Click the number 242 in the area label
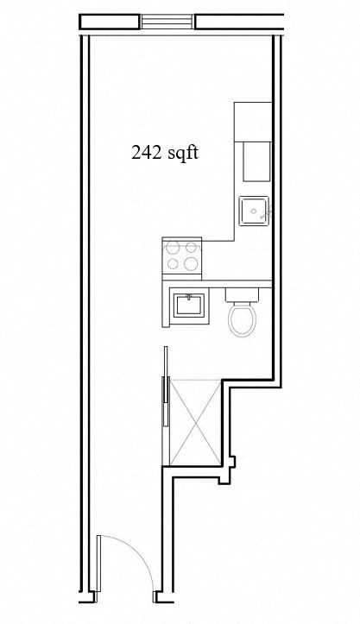(x=145, y=153)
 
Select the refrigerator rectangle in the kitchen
(x=256, y=161)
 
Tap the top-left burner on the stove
(x=173, y=248)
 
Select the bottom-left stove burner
(x=173, y=264)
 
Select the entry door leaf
(x=98, y=565)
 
